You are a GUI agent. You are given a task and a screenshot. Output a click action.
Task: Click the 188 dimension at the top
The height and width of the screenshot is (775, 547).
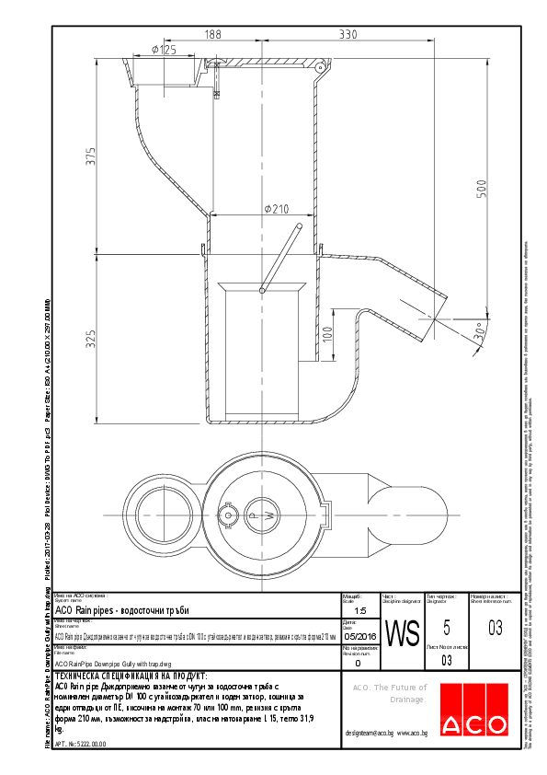[212, 34]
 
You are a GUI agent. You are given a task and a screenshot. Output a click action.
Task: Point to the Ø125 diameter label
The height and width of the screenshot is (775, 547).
[163, 50]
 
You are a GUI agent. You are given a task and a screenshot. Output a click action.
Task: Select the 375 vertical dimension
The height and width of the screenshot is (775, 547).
[91, 156]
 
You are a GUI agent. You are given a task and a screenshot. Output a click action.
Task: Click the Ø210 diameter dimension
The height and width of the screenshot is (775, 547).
[276, 209]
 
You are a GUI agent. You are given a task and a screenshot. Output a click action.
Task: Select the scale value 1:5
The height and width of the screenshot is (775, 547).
[359, 610]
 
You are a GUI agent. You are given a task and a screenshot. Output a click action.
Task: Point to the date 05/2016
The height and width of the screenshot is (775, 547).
[359, 636]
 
